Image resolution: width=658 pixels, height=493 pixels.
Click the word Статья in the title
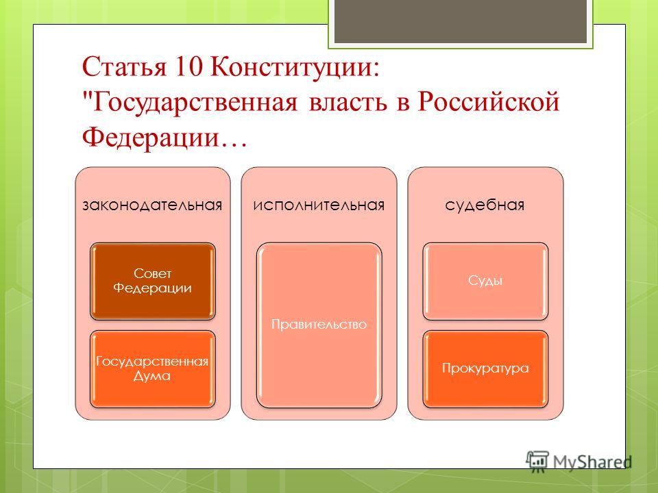124,67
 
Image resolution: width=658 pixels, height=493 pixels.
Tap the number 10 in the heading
188,66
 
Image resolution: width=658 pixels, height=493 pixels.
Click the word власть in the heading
348,103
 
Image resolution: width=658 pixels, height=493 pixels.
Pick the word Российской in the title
488,101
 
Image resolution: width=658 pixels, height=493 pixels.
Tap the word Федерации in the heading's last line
151,138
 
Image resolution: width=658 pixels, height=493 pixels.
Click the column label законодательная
152,205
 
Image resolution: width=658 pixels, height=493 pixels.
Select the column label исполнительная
319,205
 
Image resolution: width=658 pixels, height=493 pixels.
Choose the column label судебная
485,205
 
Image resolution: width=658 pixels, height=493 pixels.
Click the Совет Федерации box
153,281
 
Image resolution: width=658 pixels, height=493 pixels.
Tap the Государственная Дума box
153,369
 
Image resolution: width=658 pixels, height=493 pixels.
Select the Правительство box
319,325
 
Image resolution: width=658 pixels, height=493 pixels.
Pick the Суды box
485,281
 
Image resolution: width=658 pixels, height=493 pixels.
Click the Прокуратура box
485,369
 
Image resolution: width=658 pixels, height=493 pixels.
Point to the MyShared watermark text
592,462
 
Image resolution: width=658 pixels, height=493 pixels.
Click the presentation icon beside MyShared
537,462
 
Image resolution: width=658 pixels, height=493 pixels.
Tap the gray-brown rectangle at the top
461,21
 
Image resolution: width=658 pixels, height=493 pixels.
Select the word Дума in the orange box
152,376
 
